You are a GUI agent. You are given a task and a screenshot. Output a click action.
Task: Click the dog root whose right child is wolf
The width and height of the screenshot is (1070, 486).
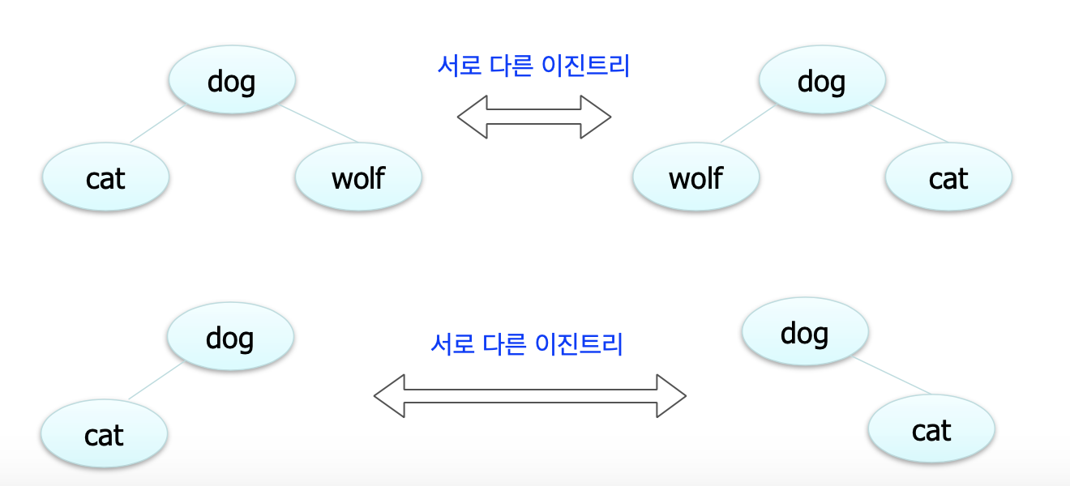[x=232, y=80]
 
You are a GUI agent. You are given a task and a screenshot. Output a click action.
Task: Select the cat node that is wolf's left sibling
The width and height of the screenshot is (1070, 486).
[x=105, y=177]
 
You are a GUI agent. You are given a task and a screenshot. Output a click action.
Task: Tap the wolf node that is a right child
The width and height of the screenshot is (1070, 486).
[x=358, y=177]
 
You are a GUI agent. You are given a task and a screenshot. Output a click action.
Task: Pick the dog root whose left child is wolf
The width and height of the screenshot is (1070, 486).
[x=822, y=80]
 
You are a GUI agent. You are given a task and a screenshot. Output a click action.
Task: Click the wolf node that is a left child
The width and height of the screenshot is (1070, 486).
[x=695, y=177]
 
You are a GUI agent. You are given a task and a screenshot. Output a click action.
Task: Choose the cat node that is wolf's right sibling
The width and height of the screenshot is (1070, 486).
[x=948, y=177]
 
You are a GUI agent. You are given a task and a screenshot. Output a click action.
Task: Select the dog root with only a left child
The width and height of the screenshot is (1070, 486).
[x=230, y=337]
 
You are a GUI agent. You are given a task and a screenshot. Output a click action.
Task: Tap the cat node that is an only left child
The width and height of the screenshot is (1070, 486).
[x=104, y=435]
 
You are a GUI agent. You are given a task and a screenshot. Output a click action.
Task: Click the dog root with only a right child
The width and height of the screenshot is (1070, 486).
[x=805, y=332]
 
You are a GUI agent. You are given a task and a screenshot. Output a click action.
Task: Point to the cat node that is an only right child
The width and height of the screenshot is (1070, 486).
[x=931, y=430]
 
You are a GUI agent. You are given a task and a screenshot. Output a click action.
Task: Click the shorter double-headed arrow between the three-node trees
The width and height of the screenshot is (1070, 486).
[x=534, y=117]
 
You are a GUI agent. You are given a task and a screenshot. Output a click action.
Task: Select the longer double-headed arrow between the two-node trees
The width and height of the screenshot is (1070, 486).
[x=530, y=396]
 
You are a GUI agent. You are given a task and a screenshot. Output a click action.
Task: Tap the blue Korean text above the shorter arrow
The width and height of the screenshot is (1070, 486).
[x=533, y=66]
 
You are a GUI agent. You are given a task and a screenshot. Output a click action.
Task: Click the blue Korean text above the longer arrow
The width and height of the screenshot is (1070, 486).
[x=527, y=344]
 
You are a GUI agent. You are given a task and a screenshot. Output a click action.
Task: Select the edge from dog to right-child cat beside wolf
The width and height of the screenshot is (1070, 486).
[x=909, y=124]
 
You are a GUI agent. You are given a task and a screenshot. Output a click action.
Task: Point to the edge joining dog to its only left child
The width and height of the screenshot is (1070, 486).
[x=156, y=381]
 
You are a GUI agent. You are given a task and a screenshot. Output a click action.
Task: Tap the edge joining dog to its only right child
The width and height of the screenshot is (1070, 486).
[x=892, y=377]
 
